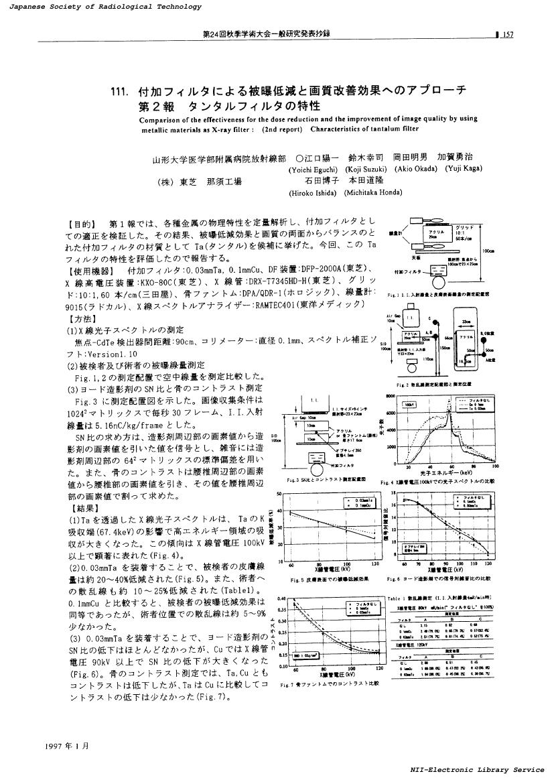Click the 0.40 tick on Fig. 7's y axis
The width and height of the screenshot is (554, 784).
point(281,598)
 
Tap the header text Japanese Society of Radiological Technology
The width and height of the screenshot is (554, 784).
point(100,7)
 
